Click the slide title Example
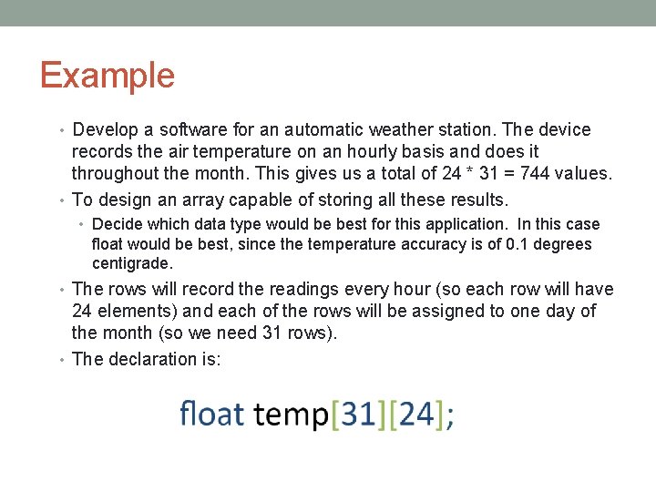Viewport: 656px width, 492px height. [x=107, y=75]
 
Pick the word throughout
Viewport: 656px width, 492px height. [x=116, y=173]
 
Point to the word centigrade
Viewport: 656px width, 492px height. [x=131, y=264]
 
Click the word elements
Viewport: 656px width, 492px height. [x=131, y=311]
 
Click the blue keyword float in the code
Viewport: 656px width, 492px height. [x=211, y=414]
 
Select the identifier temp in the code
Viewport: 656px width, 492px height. [x=291, y=415]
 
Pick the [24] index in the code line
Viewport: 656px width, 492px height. [x=415, y=415]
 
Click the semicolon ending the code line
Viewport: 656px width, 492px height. [x=450, y=417]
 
